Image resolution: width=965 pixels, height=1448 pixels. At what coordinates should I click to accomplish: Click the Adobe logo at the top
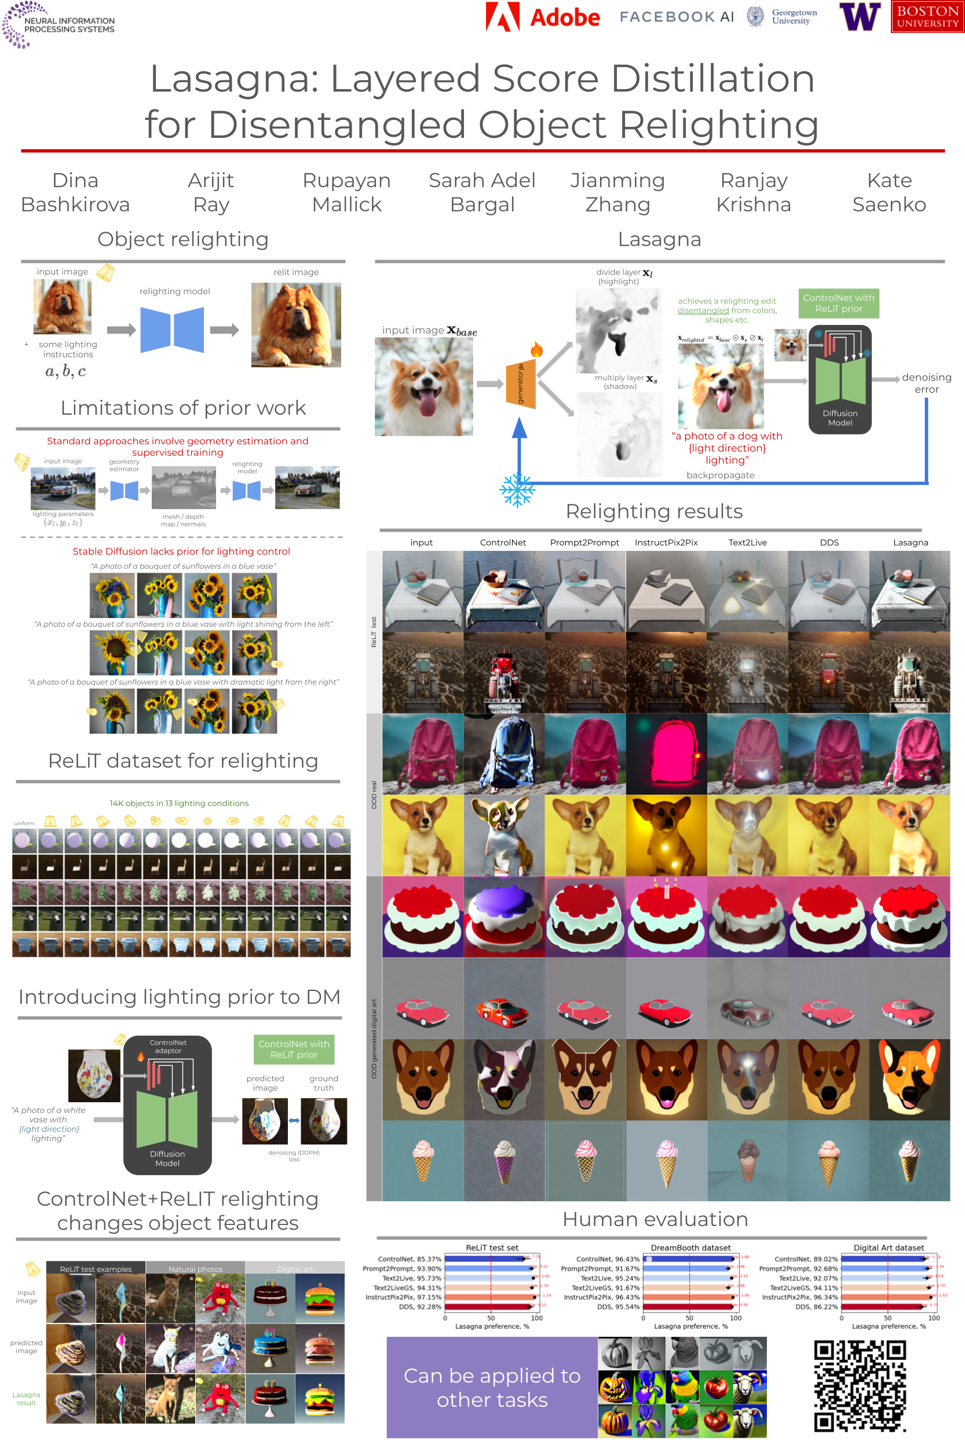click(x=542, y=17)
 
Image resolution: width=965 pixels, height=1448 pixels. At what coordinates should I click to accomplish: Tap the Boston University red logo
click(x=927, y=17)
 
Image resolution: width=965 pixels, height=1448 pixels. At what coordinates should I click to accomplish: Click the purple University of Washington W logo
click(x=860, y=17)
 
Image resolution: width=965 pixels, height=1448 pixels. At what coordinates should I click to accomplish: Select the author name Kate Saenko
click(x=889, y=192)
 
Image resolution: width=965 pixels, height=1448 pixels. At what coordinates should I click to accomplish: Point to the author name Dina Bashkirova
click(x=75, y=192)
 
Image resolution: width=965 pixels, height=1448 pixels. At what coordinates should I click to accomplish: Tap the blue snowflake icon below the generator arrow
click(x=517, y=490)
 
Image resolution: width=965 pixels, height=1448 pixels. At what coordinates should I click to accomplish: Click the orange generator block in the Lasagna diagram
click(x=521, y=385)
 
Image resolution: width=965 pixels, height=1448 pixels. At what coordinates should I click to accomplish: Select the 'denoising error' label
click(x=926, y=383)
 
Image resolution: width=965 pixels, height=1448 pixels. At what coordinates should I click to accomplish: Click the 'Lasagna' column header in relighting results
click(x=910, y=542)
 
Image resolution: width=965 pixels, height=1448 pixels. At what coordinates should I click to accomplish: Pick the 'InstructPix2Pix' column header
click(x=666, y=542)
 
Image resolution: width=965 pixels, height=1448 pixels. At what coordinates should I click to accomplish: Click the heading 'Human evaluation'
click(x=655, y=1219)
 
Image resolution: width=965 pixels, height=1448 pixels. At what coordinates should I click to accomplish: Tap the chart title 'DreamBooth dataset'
click(x=690, y=1248)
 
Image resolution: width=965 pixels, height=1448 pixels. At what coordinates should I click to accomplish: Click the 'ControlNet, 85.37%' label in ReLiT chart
click(x=410, y=1259)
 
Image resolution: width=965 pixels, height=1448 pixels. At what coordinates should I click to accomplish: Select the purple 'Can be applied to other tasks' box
click(x=492, y=1387)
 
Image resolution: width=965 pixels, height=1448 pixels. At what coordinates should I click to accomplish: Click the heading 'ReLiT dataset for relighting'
click(x=183, y=760)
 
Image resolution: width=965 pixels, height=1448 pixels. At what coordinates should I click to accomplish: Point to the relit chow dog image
click(x=295, y=324)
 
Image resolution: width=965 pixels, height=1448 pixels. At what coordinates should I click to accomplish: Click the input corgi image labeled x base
click(x=423, y=386)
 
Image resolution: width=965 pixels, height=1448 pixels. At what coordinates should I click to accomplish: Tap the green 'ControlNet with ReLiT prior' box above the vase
click(x=294, y=1050)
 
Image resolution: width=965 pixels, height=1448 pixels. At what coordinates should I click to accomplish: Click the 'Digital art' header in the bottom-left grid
click(x=295, y=1269)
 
